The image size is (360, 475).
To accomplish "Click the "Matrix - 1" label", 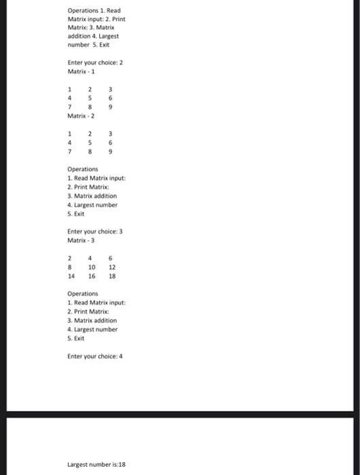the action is tap(81, 71).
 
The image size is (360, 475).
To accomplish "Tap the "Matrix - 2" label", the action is tap(81, 115).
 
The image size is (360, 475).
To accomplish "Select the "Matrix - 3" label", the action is tap(81, 240).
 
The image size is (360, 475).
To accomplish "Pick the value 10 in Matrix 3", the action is tap(91, 267).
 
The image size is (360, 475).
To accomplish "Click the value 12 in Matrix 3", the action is tap(112, 267).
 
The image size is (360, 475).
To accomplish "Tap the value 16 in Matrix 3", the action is tap(91, 276).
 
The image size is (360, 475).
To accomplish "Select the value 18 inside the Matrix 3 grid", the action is tap(112, 276).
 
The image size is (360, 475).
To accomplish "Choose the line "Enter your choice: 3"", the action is tap(94, 231).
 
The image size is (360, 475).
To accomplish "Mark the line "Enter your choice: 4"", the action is tap(94, 356).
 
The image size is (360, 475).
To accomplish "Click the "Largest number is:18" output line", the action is tap(96, 465).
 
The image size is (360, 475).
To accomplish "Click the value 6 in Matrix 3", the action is tap(111, 257).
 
